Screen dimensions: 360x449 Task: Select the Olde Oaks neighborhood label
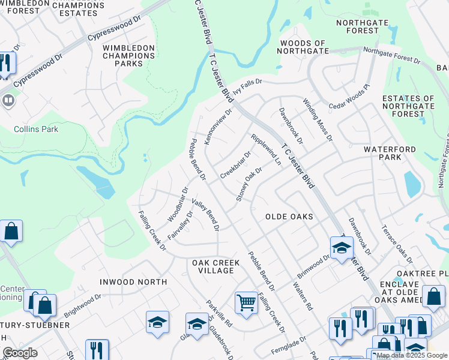tap(289, 216)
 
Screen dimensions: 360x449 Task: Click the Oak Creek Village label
tap(216, 266)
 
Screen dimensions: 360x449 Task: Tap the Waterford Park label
tap(389, 153)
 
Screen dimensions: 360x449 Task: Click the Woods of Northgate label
tap(303, 47)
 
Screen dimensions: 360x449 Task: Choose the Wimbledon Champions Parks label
tap(131, 56)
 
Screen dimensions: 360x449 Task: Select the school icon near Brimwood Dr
tap(342, 247)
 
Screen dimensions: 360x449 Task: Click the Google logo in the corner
tap(19, 353)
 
